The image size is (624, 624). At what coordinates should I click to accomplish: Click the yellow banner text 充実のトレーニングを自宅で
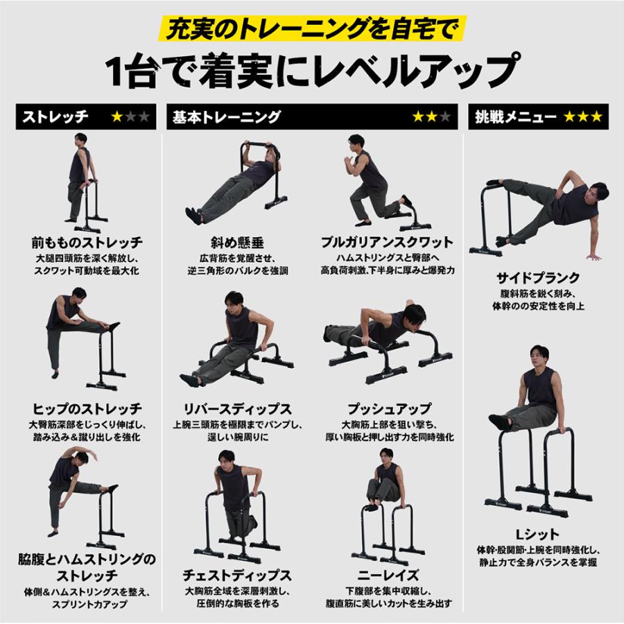[x=311, y=29]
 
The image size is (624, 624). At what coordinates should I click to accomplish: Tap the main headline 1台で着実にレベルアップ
[x=311, y=69]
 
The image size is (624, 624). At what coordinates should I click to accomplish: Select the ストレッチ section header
[x=55, y=116]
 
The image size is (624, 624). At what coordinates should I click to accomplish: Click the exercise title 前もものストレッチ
[x=87, y=243]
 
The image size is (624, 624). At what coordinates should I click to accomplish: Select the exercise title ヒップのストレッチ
[x=87, y=408]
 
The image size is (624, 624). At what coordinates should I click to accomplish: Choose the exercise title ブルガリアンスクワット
[x=387, y=243]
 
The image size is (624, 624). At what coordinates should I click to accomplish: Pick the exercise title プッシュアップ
[x=387, y=408]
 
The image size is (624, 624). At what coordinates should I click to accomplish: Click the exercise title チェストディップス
[x=237, y=575]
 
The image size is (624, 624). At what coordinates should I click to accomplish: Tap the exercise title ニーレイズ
[x=388, y=575]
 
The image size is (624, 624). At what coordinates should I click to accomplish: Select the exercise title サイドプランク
[x=538, y=277]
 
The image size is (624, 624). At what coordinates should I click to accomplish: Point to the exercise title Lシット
[x=538, y=532]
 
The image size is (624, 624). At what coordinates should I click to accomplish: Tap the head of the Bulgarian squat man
[x=356, y=143]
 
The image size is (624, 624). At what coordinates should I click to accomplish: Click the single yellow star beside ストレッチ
[x=117, y=116]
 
